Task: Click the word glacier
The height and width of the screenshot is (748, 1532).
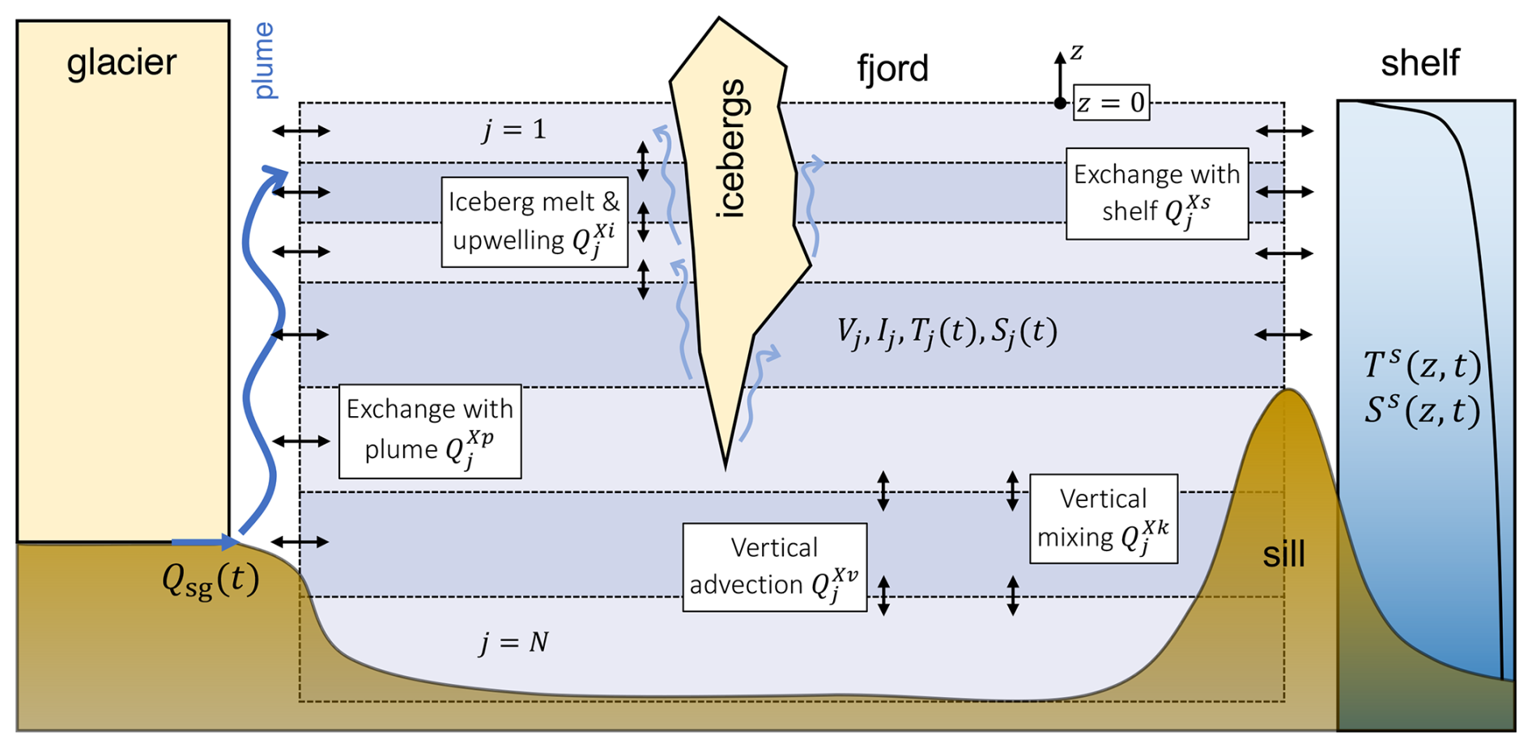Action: tap(121, 63)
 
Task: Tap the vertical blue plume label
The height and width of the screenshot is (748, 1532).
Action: tap(264, 61)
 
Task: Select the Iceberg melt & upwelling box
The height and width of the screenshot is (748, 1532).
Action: tap(534, 222)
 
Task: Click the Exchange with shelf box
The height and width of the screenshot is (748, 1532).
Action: tap(1156, 193)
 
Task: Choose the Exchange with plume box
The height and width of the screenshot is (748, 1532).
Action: tap(429, 431)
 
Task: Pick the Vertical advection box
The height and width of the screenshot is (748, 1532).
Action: tap(774, 567)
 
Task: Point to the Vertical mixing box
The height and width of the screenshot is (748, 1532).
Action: tap(1103, 518)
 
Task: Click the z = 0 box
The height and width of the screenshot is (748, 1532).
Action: tap(1111, 103)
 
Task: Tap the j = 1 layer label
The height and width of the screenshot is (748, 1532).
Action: tap(513, 130)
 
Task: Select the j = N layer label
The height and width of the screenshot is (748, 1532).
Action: tap(513, 643)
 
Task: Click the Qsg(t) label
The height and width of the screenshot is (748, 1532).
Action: tap(211, 580)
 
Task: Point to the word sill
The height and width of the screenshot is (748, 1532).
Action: tap(1283, 555)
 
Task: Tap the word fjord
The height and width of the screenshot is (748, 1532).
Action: tap(892, 69)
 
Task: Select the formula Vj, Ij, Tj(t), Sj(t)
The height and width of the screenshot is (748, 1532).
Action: tap(947, 332)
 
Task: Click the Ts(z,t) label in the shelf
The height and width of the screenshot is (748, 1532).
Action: tap(1422, 366)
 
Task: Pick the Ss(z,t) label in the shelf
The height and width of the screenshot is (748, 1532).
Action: tap(1422, 410)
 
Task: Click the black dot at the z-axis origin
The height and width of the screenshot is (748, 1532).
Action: tap(1060, 103)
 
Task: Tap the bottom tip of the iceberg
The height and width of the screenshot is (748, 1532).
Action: tap(726, 466)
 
